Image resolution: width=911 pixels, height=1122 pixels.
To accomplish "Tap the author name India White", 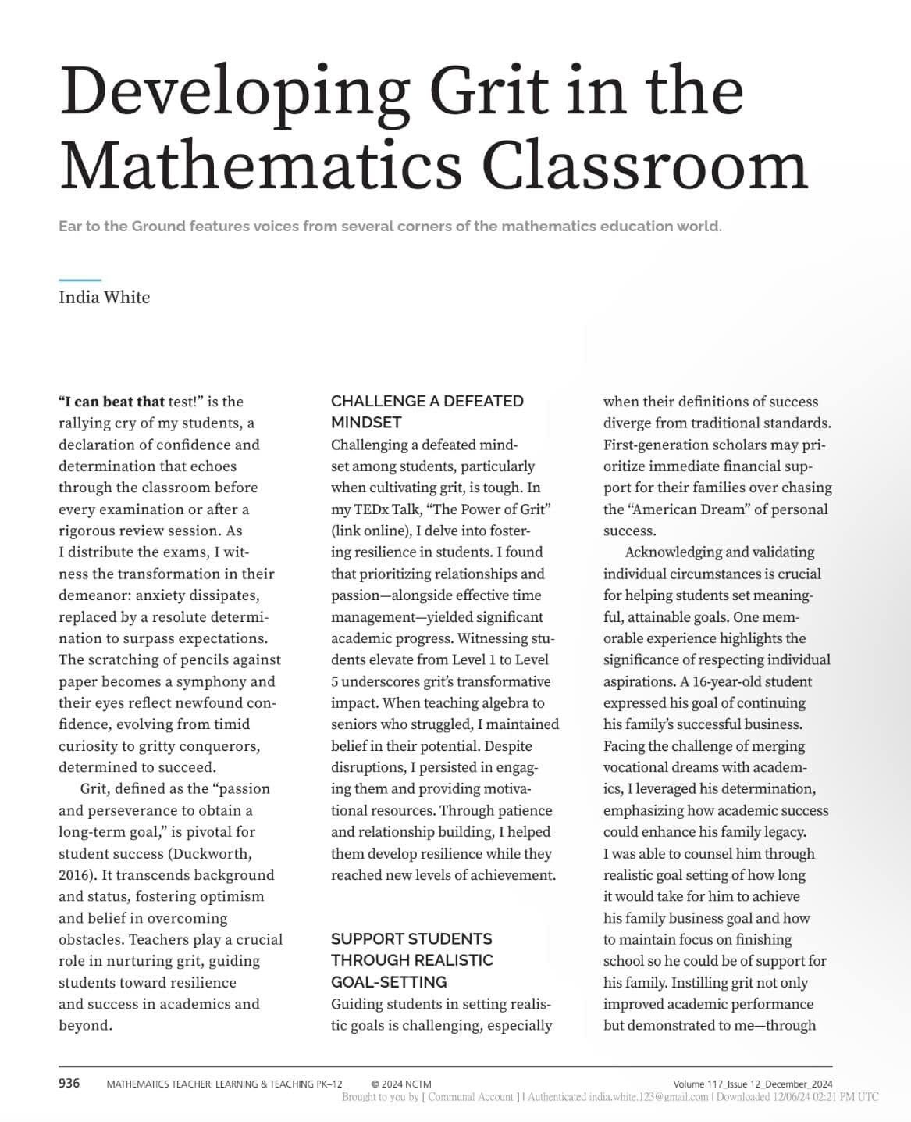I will (104, 297).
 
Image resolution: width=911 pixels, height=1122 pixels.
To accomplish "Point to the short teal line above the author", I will (80, 280).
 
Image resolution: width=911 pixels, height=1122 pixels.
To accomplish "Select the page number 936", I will (69, 1083).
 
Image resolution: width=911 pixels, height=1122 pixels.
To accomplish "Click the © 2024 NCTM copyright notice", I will (401, 1084).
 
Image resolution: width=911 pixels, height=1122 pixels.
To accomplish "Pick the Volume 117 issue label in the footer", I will (753, 1084).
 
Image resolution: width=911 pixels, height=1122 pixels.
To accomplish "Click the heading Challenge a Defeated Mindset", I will (426, 411).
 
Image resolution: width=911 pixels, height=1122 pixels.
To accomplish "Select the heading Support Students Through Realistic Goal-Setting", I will (411, 959).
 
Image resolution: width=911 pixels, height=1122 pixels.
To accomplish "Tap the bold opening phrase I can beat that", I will (111, 402).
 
